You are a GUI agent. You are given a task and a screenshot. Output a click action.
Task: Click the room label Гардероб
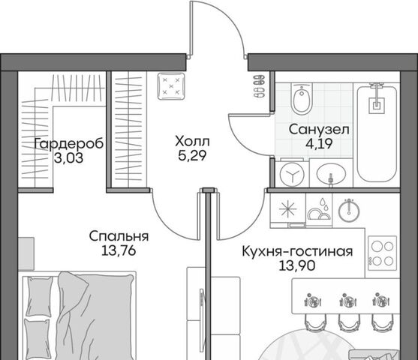coord(69,144)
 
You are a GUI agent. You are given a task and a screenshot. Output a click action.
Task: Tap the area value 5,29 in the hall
coord(192,155)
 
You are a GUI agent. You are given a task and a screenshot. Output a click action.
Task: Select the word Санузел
coord(319,130)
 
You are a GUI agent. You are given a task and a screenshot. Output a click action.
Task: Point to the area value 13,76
coord(119,250)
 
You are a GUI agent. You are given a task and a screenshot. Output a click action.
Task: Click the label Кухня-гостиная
coord(297,251)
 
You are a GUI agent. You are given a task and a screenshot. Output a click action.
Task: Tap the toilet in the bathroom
coord(302,98)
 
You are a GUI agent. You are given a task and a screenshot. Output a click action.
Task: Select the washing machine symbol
coord(293,175)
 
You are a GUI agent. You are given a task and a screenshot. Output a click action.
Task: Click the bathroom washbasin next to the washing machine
coord(331,174)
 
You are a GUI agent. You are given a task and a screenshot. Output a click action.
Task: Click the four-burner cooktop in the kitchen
coord(383,253)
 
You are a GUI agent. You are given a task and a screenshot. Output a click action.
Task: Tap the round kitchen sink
coord(349,211)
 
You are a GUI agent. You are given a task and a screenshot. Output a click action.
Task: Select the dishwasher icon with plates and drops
coord(319,209)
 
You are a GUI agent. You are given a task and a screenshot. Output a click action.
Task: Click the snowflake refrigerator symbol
coord(288,208)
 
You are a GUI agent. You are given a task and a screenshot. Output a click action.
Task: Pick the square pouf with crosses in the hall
coord(171,86)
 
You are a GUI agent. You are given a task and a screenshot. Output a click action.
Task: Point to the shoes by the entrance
coord(260,86)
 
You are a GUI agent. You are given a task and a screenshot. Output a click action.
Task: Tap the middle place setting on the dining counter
coord(348,301)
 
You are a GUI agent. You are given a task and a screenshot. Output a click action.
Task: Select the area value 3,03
coord(69,158)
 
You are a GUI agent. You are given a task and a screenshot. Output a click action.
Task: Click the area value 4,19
coord(319,144)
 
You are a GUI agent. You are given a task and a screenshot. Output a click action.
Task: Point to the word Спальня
coord(119,236)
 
